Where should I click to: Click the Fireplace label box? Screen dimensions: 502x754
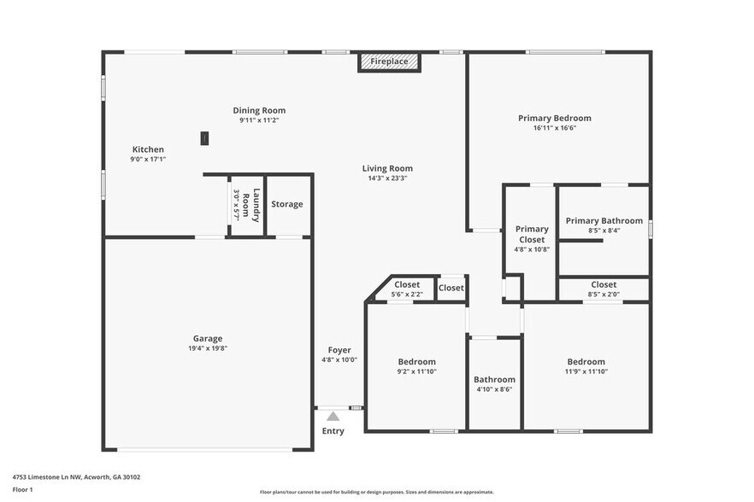(x=389, y=62)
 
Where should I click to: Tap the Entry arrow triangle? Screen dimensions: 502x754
(x=333, y=416)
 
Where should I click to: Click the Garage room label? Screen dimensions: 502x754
(x=207, y=338)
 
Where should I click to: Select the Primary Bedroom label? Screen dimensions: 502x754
(x=554, y=119)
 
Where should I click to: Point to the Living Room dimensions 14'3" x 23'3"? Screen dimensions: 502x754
(x=387, y=178)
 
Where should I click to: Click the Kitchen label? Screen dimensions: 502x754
(x=147, y=149)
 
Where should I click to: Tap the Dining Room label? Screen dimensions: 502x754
(x=259, y=110)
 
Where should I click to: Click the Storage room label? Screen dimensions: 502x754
(x=287, y=204)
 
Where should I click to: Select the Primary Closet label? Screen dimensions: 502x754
(x=532, y=234)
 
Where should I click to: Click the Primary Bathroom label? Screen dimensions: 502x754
(x=604, y=221)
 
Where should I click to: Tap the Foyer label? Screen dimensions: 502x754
(x=339, y=350)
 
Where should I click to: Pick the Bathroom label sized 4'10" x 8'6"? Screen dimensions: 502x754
(x=494, y=380)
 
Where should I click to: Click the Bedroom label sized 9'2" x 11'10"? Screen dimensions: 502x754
(x=417, y=362)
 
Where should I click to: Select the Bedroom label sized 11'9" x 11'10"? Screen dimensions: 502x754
(x=586, y=362)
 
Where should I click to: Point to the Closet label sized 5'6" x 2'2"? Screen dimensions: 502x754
(x=407, y=285)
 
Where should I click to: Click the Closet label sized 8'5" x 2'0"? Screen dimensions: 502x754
(x=604, y=285)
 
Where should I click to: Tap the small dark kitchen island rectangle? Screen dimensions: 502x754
(x=204, y=137)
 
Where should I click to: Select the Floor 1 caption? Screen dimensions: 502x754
(x=23, y=489)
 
